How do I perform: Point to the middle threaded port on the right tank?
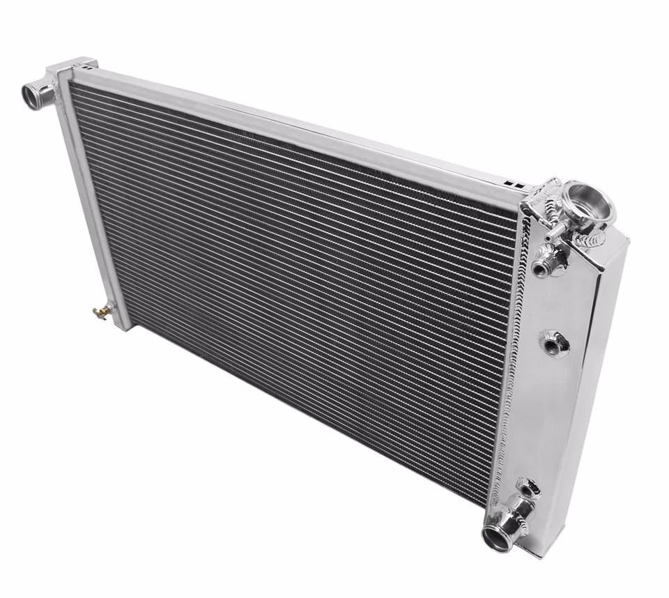coord(553,343)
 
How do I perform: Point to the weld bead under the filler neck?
coord(592,240)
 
